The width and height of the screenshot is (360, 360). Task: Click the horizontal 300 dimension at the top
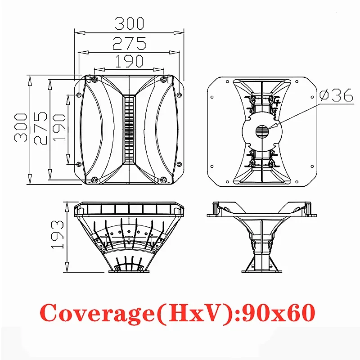pyautogui.click(x=129, y=23)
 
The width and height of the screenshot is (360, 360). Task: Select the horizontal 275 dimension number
pyautogui.click(x=129, y=43)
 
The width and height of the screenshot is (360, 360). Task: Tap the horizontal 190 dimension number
pyautogui.click(x=129, y=61)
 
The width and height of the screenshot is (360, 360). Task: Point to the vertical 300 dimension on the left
pyautogui.click(x=21, y=128)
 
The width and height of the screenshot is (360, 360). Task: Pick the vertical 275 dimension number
pyautogui.click(x=40, y=128)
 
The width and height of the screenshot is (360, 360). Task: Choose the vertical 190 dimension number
pyautogui.click(x=59, y=128)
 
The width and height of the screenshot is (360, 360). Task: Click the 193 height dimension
pyautogui.click(x=57, y=234)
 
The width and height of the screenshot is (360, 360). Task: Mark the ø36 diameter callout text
pyautogui.click(x=336, y=95)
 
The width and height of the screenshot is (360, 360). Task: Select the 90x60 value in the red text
pyautogui.click(x=278, y=312)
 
